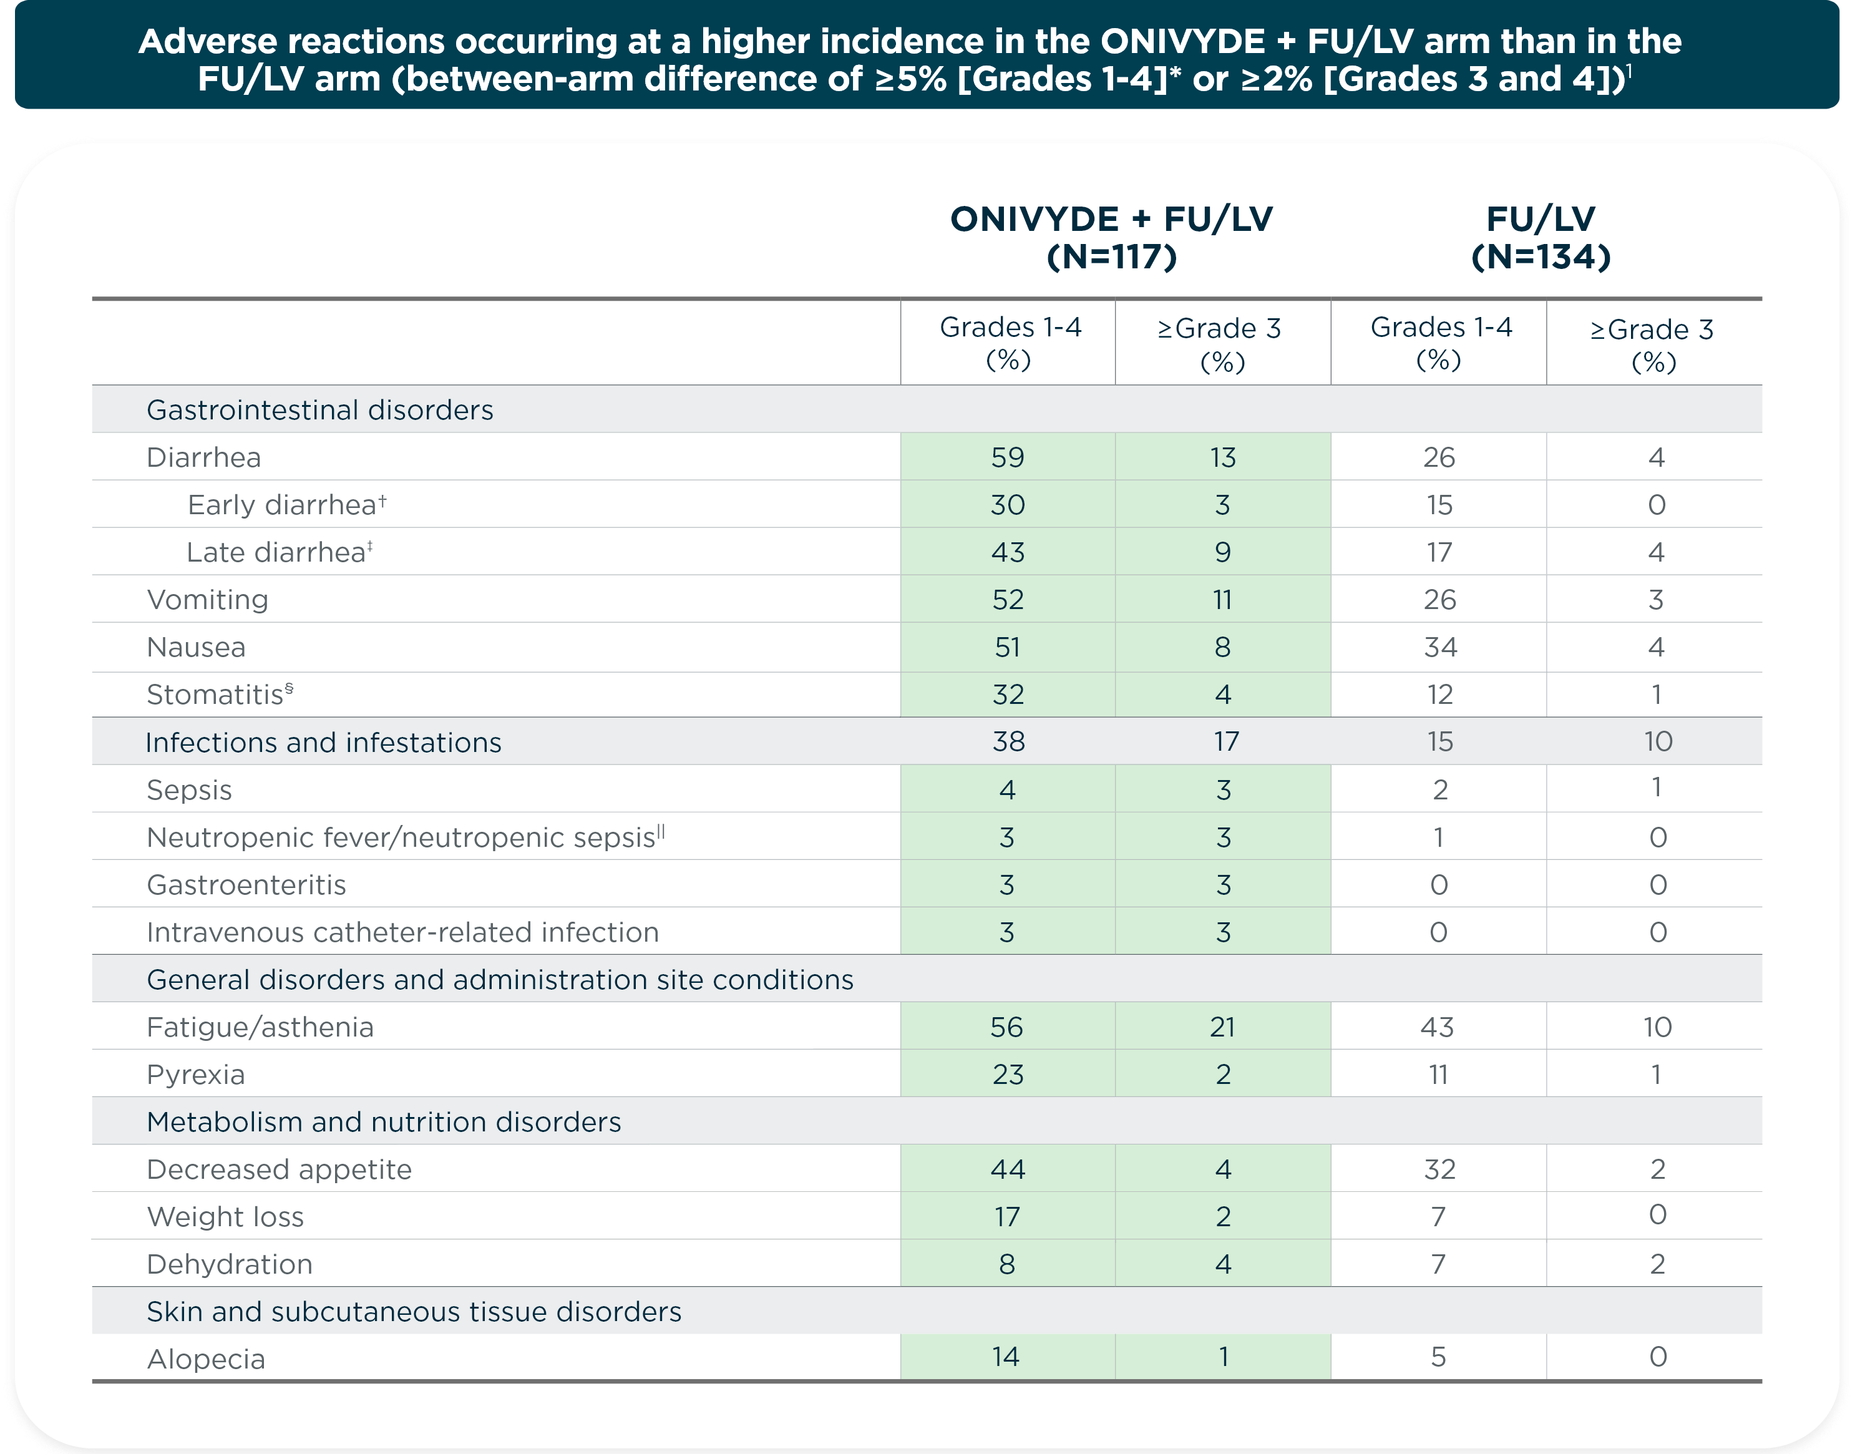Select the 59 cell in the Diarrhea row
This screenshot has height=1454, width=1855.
click(1007, 457)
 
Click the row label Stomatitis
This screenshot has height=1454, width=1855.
click(215, 695)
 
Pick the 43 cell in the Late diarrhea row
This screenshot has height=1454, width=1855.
click(1007, 552)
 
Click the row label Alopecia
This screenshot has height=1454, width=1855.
click(205, 1359)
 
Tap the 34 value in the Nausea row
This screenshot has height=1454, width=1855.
click(1439, 647)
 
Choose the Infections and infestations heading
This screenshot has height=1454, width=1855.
click(323, 743)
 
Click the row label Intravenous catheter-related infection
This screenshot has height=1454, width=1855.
click(402, 932)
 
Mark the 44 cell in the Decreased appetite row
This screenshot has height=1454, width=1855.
click(1007, 1169)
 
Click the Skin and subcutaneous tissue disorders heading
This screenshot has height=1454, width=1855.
click(414, 1311)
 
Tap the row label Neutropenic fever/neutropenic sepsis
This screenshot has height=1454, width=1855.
click(400, 837)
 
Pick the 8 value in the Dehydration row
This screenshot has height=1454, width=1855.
click(1006, 1264)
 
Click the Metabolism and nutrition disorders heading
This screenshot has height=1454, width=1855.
click(383, 1122)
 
